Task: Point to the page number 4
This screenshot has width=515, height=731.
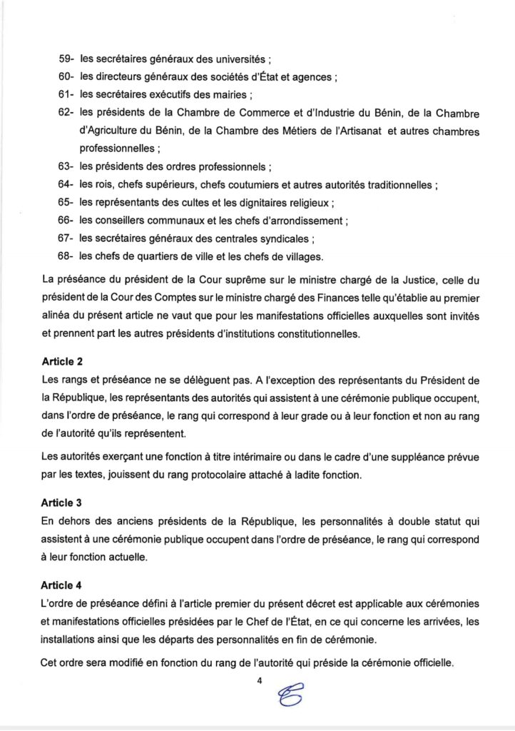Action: (x=260, y=681)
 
